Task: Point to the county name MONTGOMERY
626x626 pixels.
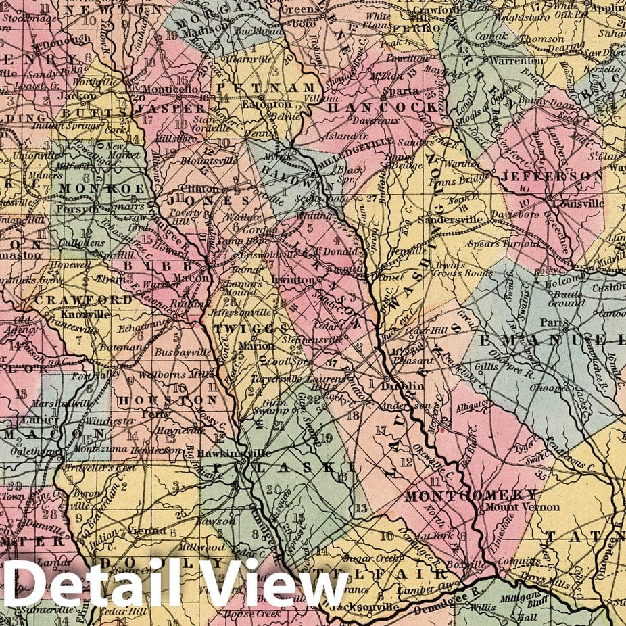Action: click(471, 495)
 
